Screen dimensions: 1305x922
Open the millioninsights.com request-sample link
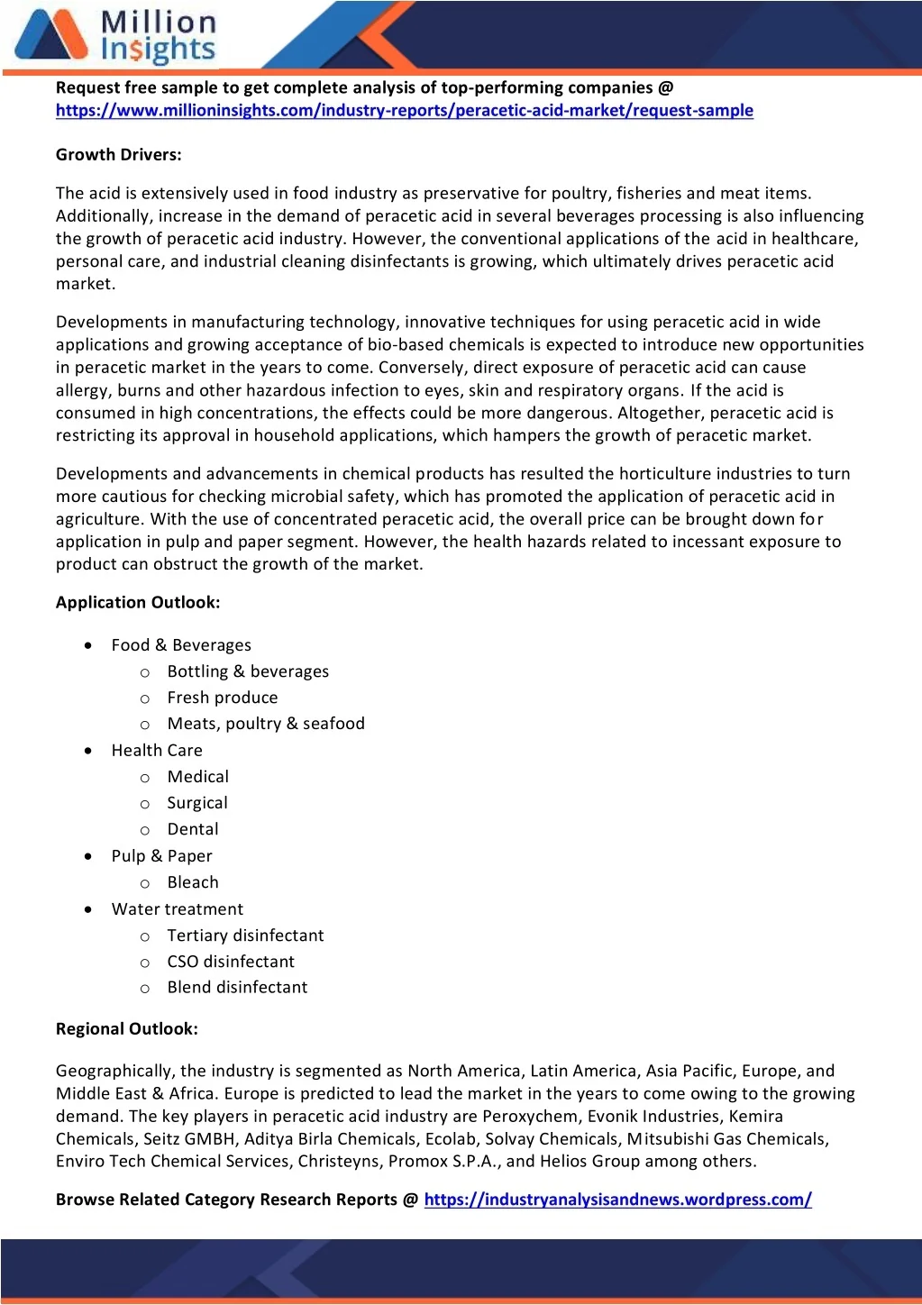(404, 111)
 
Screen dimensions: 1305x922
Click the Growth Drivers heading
(119, 155)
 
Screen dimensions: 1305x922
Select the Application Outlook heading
(138, 603)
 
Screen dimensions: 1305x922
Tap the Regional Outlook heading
(127, 1029)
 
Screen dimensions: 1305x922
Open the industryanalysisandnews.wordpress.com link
(617, 1200)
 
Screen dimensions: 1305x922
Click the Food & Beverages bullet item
(181, 645)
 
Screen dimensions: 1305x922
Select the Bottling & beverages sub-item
(248, 671)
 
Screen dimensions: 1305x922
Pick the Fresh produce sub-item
(223, 698)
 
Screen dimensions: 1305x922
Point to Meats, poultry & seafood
(266, 724)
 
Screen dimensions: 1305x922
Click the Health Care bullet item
(157, 751)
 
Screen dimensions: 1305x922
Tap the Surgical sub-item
(197, 803)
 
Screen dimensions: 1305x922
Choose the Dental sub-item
(193, 829)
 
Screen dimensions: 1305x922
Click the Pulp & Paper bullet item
(162, 856)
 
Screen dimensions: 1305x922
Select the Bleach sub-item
(193, 882)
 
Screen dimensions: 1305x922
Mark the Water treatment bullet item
(178, 909)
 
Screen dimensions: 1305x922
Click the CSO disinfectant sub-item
(231, 962)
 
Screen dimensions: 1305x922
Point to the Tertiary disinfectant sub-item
(245, 935)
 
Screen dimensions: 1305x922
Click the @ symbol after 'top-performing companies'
(666, 88)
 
